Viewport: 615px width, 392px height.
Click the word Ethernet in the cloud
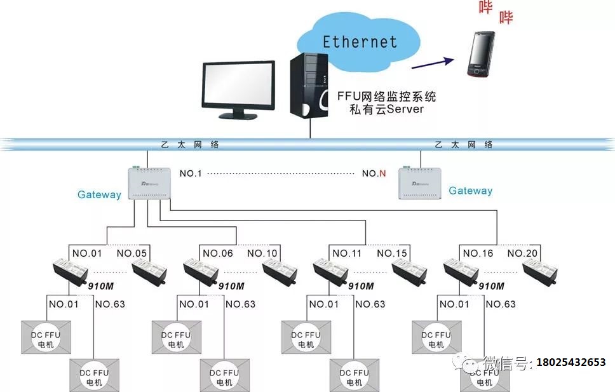click(x=360, y=42)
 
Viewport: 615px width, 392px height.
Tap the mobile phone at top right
click(x=481, y=55)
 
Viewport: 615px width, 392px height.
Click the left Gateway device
click(x=149, y=183)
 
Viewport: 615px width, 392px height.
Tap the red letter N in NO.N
click(x=382, y=173)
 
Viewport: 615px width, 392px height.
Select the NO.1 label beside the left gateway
click(x=191, y=173)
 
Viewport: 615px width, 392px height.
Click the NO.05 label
click(x=132, y=253)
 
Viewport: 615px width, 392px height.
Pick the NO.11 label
click(x=348, y=253)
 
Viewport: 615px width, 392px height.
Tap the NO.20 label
click(x=523, y=253)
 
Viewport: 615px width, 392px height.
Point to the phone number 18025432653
click(x=571, y=363)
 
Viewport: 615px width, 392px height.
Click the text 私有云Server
click(x=386, y=109)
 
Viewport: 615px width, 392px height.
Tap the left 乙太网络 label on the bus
click(x=187, y=145)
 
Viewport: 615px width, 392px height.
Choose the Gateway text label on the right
click(x=470, y=191)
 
